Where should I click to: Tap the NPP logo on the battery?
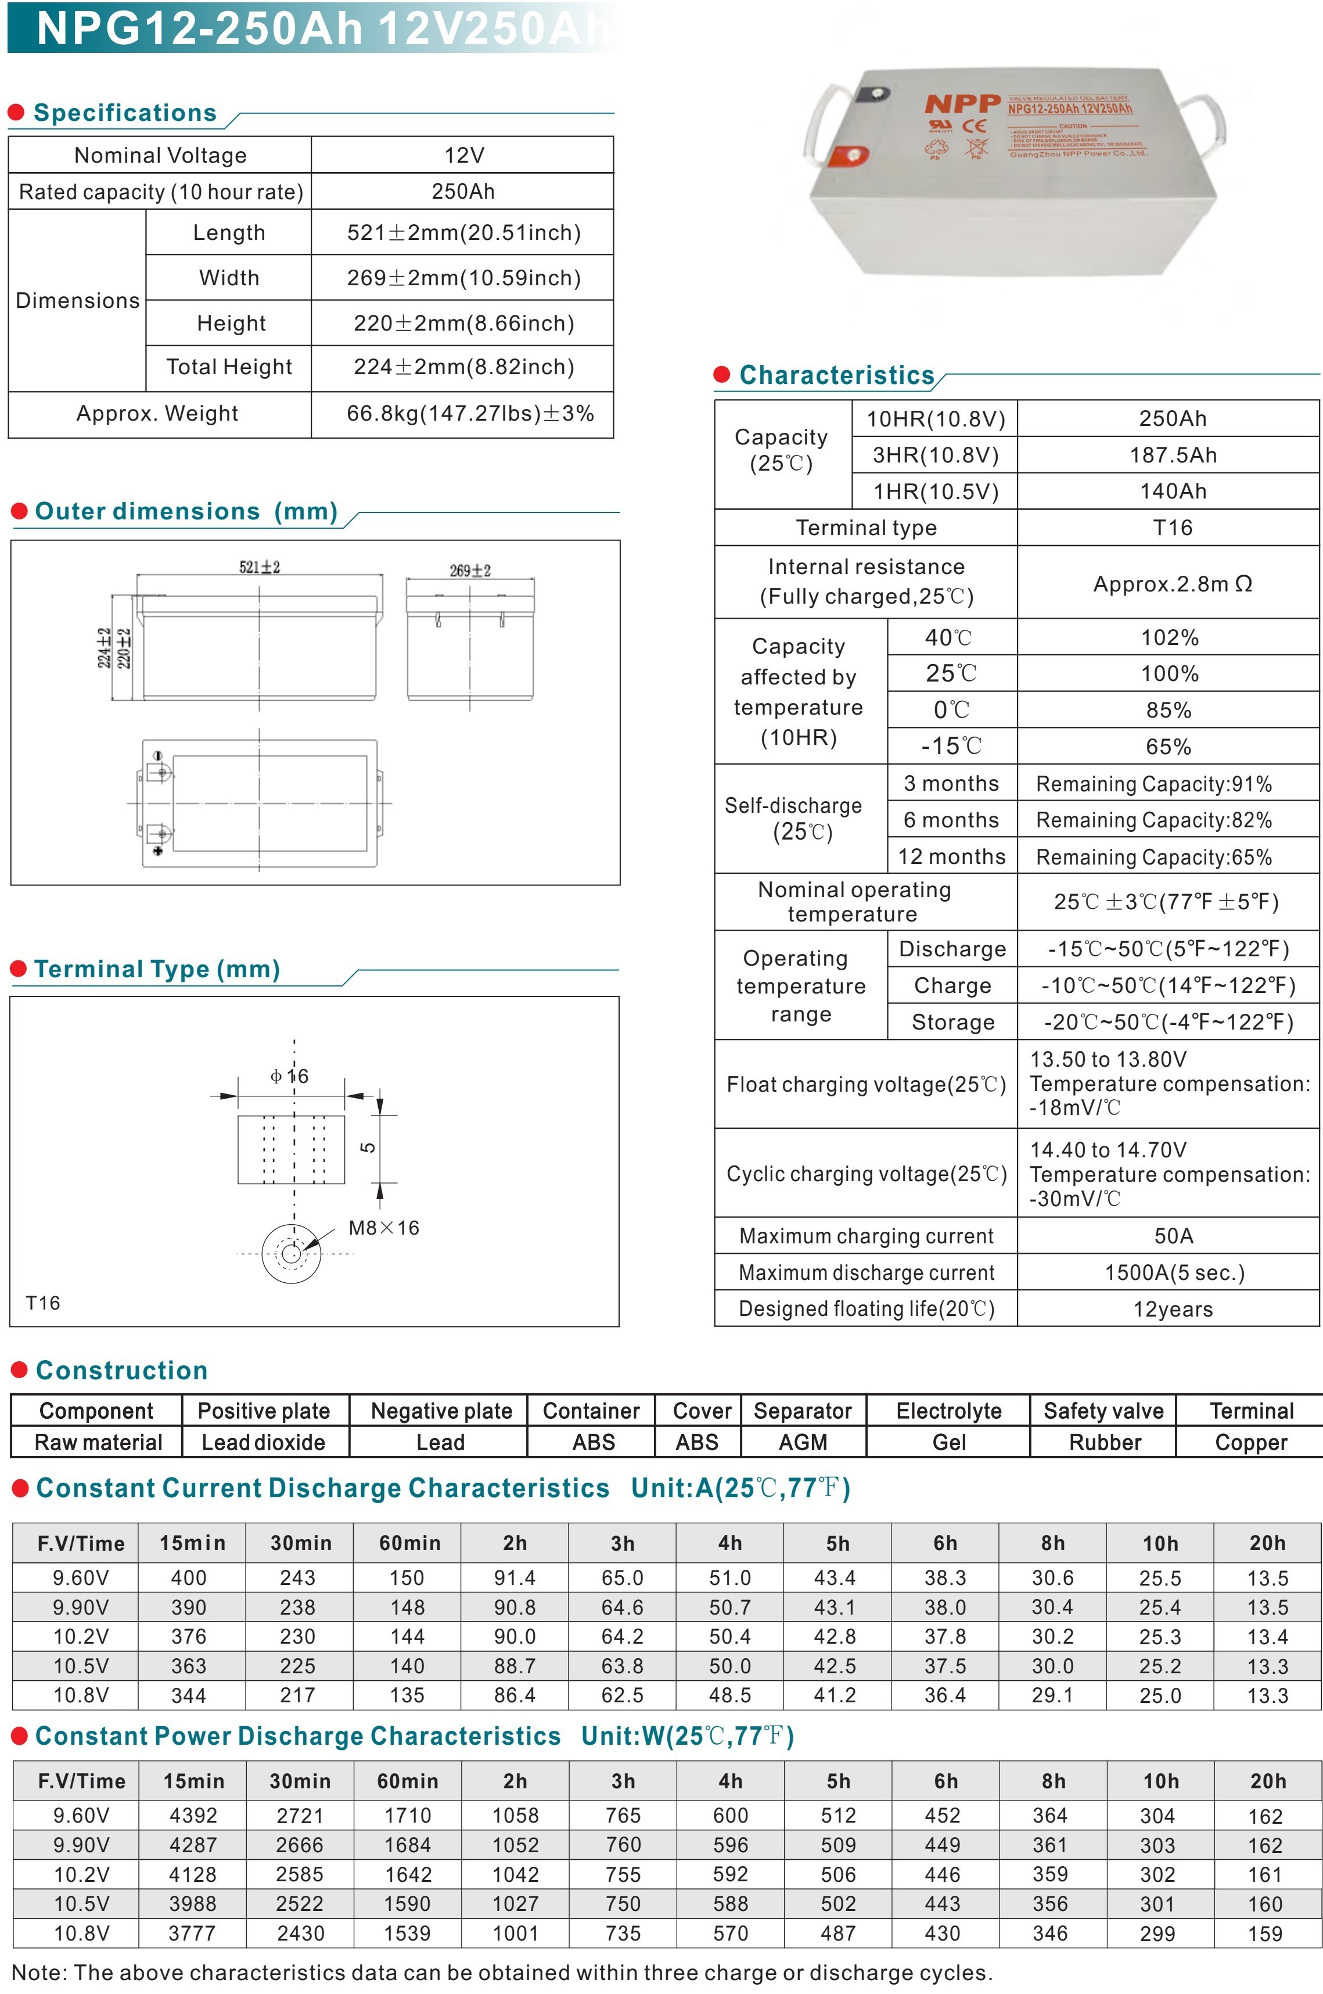[962, 104]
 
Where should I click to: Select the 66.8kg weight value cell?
[470, 414]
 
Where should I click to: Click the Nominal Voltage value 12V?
[463, 155]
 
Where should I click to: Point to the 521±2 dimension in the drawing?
[259, 567]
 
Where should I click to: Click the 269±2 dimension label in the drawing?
[470, 571]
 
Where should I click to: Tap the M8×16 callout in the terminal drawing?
[383, 1228]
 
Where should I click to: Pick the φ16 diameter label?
[289, 1076]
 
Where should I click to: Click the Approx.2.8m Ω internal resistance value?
[1172, 584]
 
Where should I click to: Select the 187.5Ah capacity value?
[1172, 456]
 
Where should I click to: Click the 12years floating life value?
[1172, 1309]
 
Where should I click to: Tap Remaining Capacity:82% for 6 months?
[1153, 820]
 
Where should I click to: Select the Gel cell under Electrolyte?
[948, 1442]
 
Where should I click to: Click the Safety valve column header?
[1103, 1411]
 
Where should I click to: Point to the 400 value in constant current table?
[189, 1578]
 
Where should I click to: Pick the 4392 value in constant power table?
[193, 1815]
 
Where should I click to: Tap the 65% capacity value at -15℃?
[1169, 747]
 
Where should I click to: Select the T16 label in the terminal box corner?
[43, 1303]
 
